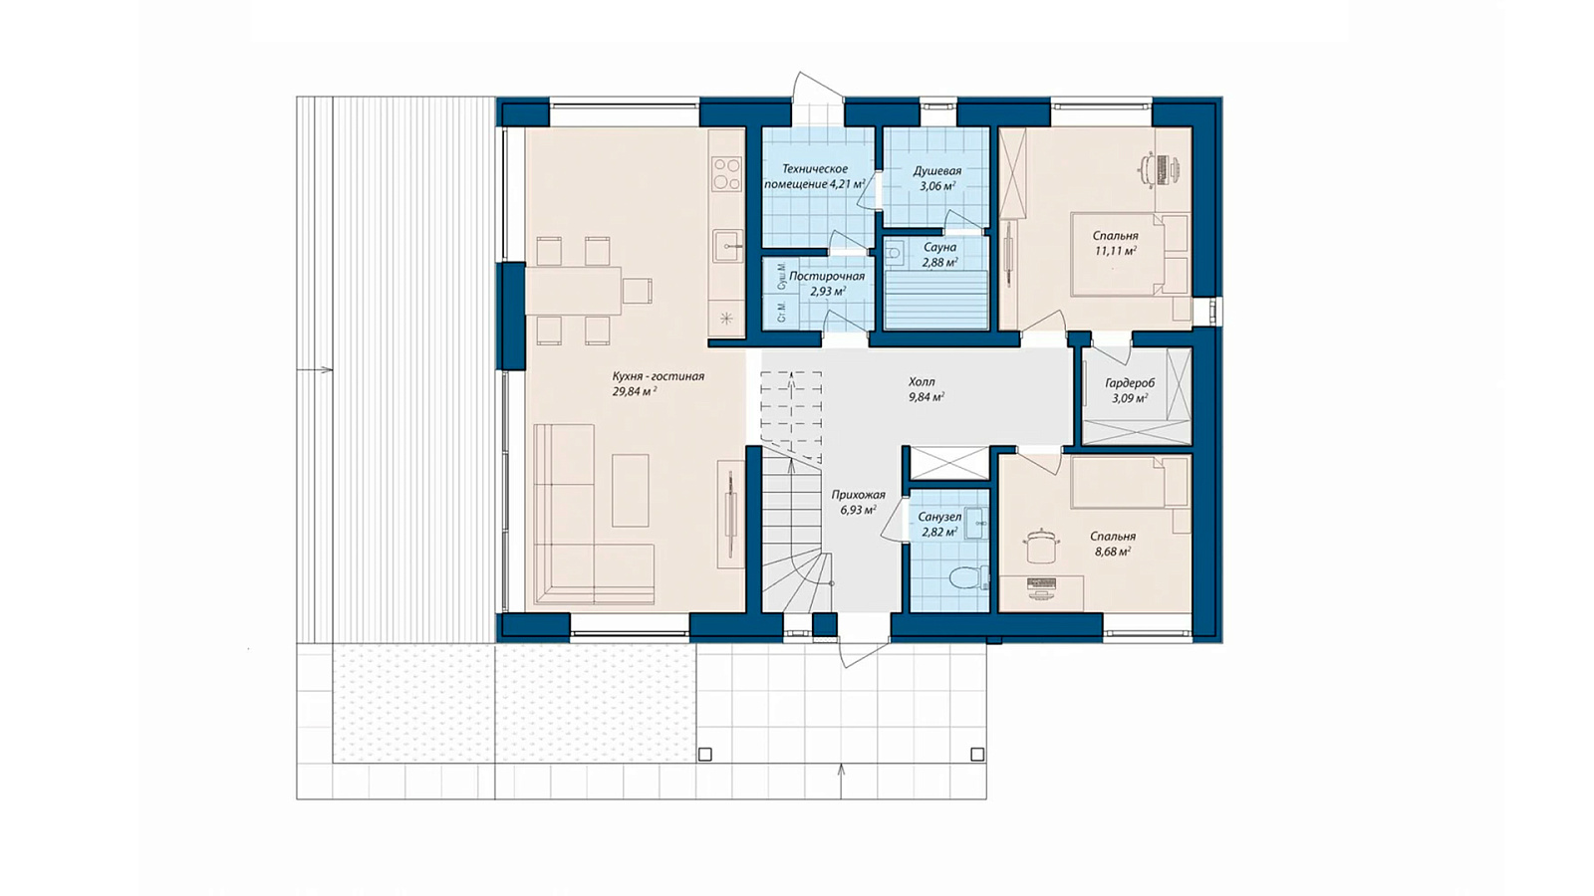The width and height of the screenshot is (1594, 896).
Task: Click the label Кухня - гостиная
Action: click(658, 376)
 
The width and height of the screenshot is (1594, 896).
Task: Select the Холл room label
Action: click(922, 382)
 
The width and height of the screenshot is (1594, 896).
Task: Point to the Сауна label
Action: click(939, 248)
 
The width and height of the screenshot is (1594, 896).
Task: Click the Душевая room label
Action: click(937, 171)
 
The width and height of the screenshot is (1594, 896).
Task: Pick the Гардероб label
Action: click(1130, 383)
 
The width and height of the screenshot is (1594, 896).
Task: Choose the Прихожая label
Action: click(858, 495)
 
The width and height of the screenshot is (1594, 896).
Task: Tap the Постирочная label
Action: click(827, 277)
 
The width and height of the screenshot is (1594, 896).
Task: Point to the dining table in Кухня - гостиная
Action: click(573, 290)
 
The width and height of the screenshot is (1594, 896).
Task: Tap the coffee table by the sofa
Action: click(631, 491)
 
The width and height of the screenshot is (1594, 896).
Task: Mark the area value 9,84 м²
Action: click(926, 397)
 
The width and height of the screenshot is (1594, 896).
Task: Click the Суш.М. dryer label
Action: click(781, 276)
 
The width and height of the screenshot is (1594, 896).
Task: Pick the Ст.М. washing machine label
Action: click(781, 313)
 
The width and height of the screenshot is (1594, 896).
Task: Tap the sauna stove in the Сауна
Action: click(894, 253)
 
